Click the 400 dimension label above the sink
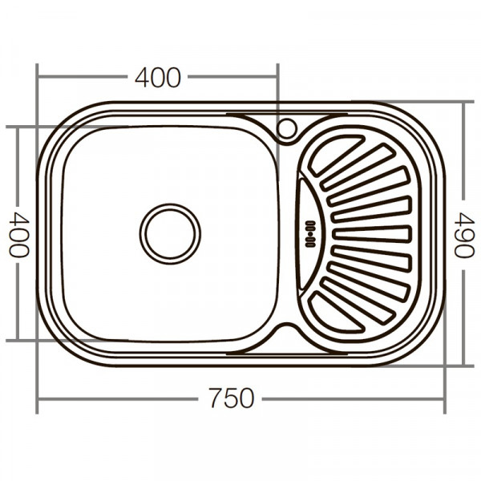[158, 78]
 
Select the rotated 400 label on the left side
[18, 233]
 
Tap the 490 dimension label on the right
[464, 233]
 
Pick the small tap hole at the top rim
[287, 127]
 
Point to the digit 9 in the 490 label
[464, 233]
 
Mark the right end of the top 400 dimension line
[277, 78]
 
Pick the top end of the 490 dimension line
[464, 103]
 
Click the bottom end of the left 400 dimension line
[18, 341]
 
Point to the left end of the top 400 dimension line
[38, 78]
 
